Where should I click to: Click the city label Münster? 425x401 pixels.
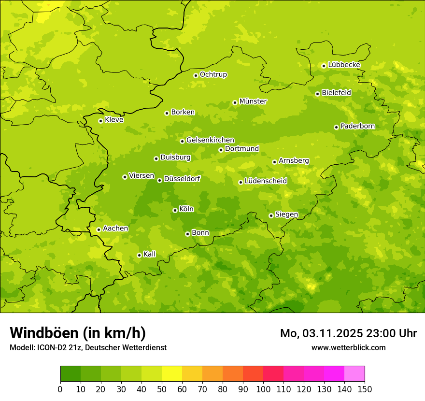253,101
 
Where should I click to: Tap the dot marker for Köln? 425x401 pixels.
175,210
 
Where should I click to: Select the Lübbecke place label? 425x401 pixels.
344,65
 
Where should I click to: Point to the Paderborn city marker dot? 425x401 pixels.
336,127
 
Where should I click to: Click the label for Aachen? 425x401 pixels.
115,229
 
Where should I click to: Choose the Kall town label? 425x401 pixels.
150,254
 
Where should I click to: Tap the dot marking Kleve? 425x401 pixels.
100,121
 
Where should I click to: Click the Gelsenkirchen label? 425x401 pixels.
210,140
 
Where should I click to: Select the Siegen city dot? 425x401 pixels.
271,215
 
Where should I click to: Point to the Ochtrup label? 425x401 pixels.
213,74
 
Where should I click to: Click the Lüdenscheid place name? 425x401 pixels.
266,181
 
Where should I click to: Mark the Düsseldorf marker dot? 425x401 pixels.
159,180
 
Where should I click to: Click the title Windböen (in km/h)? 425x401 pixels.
78,333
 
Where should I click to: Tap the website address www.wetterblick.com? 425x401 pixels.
348,347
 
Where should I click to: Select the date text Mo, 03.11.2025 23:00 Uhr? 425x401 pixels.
348,333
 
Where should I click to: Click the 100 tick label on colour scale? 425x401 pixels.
263,389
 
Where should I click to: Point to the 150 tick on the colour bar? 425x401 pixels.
365,389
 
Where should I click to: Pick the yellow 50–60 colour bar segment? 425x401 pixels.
172,374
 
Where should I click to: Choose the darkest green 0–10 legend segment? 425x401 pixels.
71,374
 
